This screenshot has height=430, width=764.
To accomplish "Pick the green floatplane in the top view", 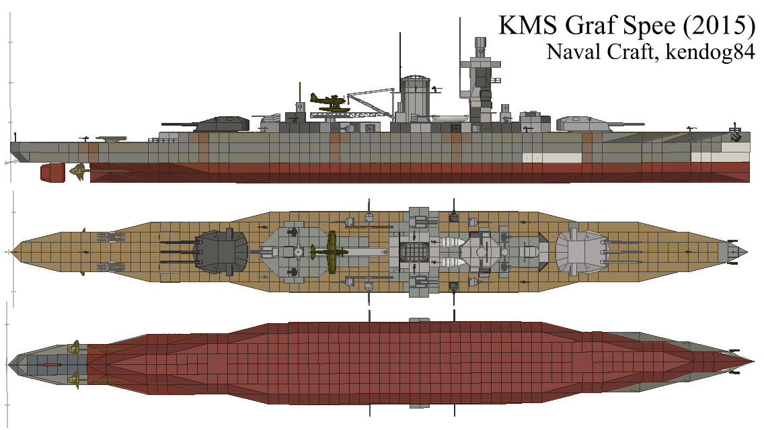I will coord(331,251).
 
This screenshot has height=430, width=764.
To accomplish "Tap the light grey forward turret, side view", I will coord(581,122).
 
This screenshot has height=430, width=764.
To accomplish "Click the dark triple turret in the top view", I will coord(219,251).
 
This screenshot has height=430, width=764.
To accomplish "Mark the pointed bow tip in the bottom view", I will coord(751,364).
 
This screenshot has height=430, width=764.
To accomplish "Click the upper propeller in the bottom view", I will coord(76,349).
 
